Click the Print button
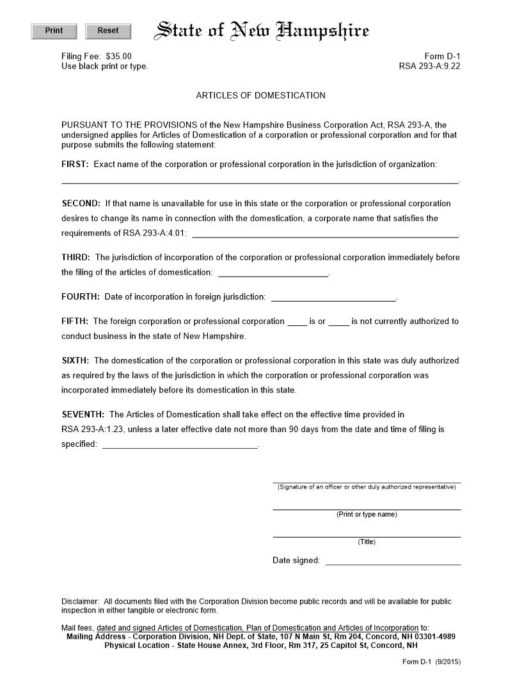click(x=54, y=31)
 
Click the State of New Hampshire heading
click(x=263, y=31)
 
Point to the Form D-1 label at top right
click(x=442, y=56)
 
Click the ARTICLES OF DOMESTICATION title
click(x=260, y=95)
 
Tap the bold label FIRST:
click(x=75, y=165)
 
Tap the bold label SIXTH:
click(x=75, y=361)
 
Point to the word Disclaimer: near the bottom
click(x=81, y=602)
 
